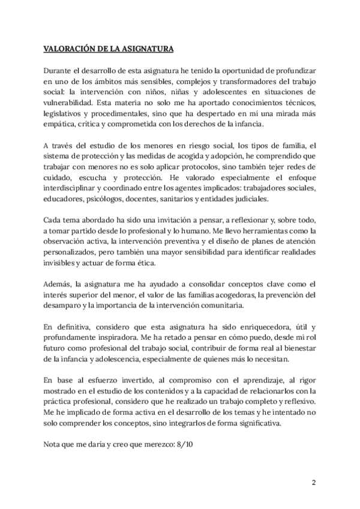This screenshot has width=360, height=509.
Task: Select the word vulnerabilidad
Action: [x=68, y=103]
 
